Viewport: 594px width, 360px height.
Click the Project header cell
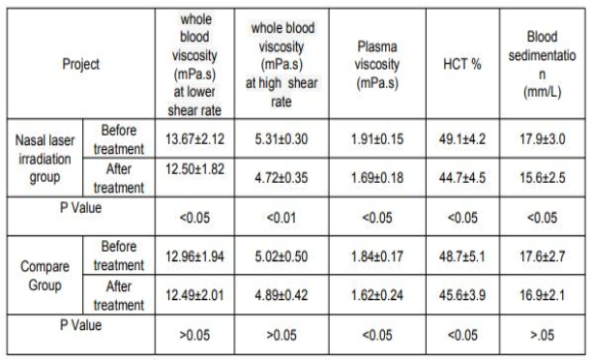point(80,64)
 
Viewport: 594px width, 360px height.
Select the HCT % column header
point(462,64)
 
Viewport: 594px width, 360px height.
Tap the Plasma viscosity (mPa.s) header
point(377,65)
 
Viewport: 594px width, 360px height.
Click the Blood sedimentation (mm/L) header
point(542,65)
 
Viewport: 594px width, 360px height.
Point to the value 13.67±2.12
point(194,138)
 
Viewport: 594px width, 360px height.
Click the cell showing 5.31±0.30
point(282,138)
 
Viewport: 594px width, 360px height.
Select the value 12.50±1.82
point(194,169)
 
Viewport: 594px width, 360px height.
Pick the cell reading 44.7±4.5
point(462,177)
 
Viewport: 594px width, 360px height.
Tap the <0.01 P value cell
point(282,218)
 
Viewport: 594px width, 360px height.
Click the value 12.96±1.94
point(194,256)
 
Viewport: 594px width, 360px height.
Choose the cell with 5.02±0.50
point(282,256)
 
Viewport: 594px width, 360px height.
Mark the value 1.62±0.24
point(377,295)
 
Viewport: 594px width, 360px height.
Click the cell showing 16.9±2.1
point(542,295)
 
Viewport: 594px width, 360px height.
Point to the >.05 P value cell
point(542,335)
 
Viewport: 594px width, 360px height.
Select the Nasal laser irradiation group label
point(45,159)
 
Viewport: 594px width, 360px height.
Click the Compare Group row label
point(45,276)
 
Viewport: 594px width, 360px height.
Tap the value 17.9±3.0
point(542,138)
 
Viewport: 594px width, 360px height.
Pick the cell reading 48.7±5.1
point(462,256)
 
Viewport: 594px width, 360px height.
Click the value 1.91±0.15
point(377,138)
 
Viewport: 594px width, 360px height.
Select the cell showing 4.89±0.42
point(282,295)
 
